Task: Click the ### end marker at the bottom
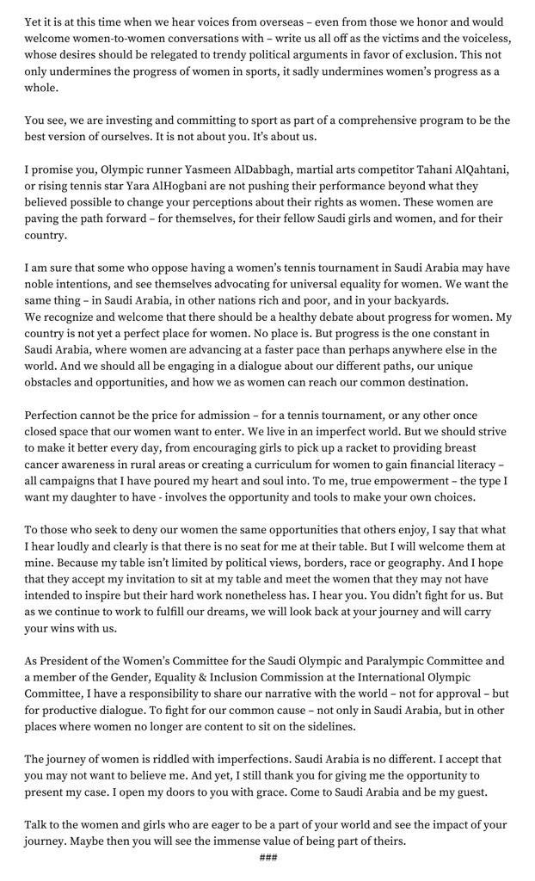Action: pyautogui.click(x=267, y=858)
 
